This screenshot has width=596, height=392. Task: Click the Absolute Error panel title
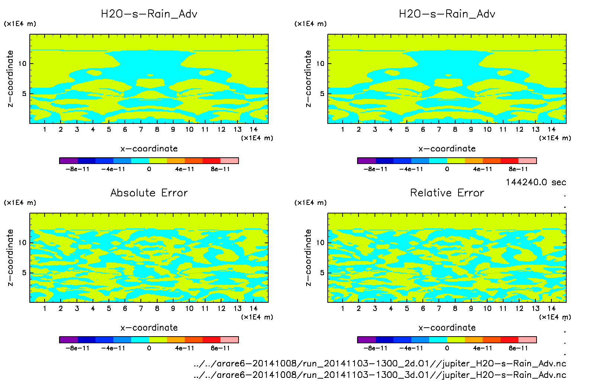point(149,193)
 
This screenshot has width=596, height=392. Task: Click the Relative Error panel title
point(447,193)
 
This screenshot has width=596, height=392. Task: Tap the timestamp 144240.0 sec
point(535,182)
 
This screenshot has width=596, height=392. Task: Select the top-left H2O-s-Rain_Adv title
point(149,14)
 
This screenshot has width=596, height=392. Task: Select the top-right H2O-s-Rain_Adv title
point(447,14)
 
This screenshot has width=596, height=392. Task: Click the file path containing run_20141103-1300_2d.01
point(380,363)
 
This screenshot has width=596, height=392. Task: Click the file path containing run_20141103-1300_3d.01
point(380,375)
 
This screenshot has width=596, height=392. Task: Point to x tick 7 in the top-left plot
point(141,129)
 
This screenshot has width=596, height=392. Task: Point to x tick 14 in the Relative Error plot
point(551,308)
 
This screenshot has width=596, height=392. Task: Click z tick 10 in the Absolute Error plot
point(23,243)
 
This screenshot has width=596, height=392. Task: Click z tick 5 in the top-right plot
point(322,94)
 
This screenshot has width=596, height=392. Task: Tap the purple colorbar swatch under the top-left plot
point(68,161)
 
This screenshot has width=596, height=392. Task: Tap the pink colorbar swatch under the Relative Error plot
point(527,340)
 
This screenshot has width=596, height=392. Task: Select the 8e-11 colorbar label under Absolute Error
point(220,348)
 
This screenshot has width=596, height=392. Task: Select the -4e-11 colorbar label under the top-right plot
point(411,169)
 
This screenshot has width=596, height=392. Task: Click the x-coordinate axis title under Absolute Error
point(149,328)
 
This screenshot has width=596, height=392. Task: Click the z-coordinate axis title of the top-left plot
point(10,79)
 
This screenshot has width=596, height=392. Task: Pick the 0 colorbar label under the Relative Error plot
point(447,348)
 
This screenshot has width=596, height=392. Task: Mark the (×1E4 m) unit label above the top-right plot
point(311,24)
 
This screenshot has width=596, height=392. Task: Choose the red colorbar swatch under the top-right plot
point(509,161)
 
